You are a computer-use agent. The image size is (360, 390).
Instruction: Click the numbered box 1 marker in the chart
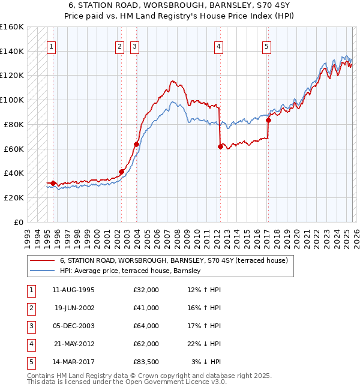point(51,46)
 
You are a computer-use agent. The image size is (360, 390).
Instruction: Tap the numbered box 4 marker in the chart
point(219,46)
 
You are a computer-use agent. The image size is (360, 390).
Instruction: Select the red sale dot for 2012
point(220,146)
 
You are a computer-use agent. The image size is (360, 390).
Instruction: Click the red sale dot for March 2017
point(268,120)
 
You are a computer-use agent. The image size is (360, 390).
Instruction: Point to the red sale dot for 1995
point(53,183)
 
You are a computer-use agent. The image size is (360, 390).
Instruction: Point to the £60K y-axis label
point(13,149)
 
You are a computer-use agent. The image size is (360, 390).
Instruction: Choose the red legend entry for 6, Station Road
point(174,260)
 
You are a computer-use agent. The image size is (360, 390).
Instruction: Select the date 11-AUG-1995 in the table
point(73,290)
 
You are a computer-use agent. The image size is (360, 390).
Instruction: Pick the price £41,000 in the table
point(146,307)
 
